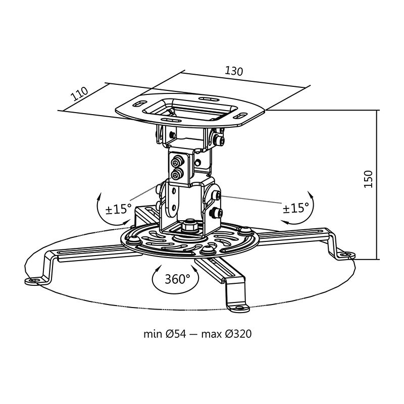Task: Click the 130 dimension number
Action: click(x=234, y=71)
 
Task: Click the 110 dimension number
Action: click(x=79, y=94)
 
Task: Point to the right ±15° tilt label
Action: click(x=295, y=208)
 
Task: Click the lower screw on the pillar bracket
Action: click(x=177, y=175)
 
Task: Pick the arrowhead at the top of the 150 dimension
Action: click(x=378, y=111)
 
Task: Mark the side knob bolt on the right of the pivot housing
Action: click(x=216, y=196)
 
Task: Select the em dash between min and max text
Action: click(x=197, y=334)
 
